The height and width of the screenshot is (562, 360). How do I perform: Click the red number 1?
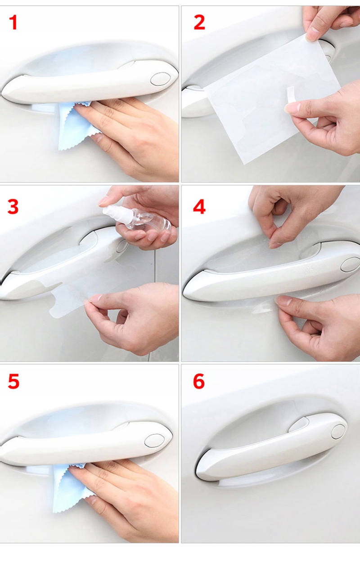[x=13, y=22]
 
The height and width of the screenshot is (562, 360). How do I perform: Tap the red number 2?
[x=199, y=22]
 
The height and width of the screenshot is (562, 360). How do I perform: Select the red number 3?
[x=13, y=206]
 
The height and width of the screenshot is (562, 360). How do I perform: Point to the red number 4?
[x=199, y=206]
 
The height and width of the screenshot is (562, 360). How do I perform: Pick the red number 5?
[x=13, y=382]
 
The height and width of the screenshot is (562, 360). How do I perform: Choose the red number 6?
[x=199, y=382]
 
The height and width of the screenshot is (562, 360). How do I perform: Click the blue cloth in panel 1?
[x=75, y=125]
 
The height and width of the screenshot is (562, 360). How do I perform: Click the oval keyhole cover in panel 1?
[x=161, y=79]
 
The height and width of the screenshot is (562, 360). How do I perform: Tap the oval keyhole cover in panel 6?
[x=338, y=432]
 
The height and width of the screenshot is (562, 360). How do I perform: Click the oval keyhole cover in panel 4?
[x=350, y=264]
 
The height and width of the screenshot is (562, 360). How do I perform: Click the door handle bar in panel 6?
[x=271, y=446]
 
